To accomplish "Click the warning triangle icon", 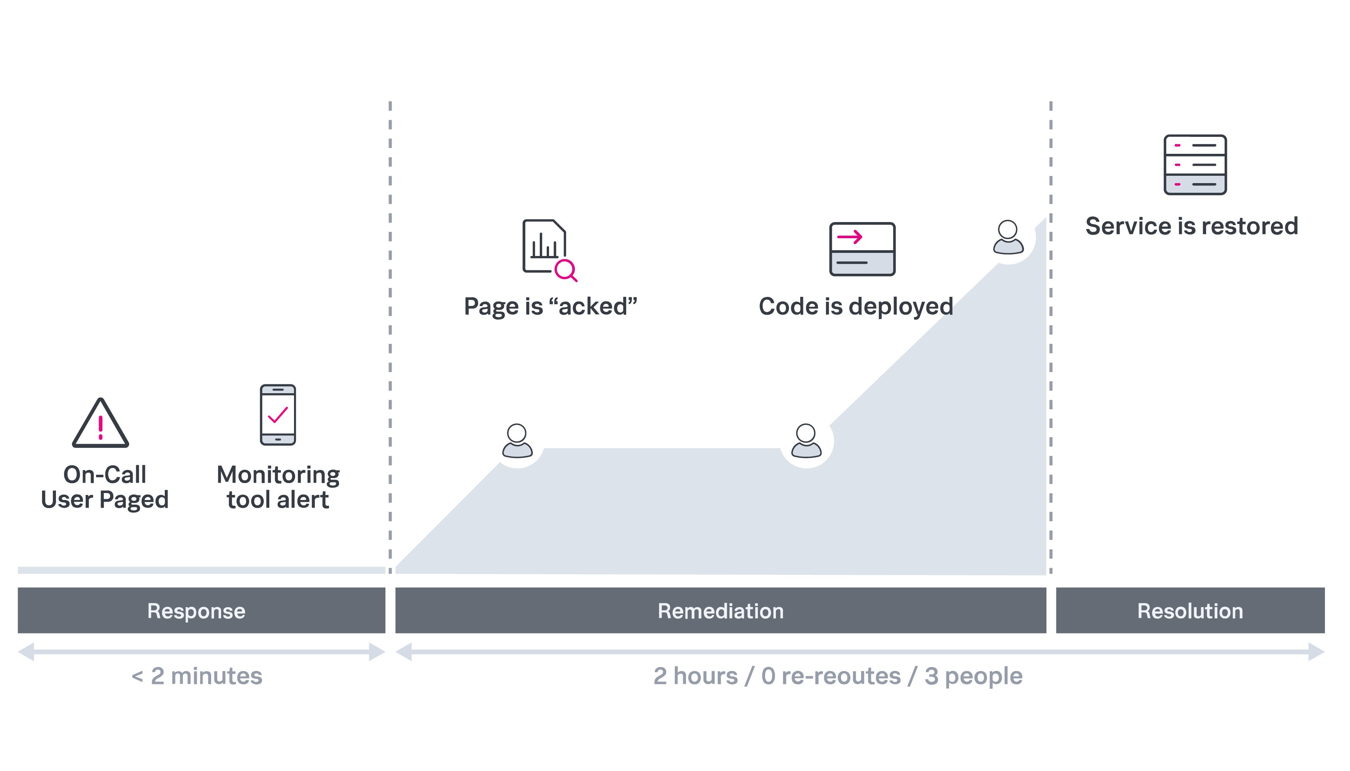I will click(101, 424).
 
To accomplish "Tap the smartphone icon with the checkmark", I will click(278, 415).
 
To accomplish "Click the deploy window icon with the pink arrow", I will click(862, 249).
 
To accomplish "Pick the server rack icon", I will click(1195, 165).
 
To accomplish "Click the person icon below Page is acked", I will click(517, 441).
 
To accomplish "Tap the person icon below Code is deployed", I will click(806, 441).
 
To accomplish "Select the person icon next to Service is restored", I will click(1008, 237).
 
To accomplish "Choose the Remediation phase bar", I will click(721, 611).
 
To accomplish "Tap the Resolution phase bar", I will click(1190, 611).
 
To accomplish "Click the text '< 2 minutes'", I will click(197, 676).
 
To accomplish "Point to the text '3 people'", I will click(974, 676).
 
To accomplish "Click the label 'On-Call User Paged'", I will click(105, 487).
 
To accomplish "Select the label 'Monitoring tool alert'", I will click(278, 487).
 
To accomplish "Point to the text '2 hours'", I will click(696, 676).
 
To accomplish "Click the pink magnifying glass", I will click(565, 270).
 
